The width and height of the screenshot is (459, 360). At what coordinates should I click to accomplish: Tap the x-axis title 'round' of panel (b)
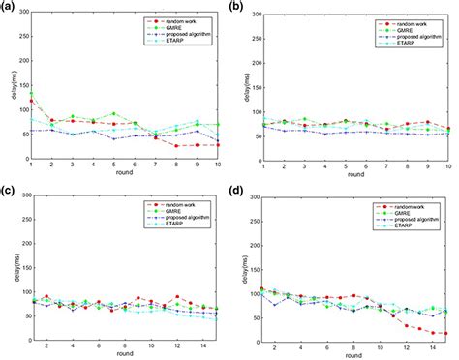(354, 176)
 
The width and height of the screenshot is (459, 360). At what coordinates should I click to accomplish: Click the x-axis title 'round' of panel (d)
(354, 356)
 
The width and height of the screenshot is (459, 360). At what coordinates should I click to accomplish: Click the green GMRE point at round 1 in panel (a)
(31, 94)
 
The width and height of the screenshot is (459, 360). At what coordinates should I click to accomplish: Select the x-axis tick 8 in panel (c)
(124, 346)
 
